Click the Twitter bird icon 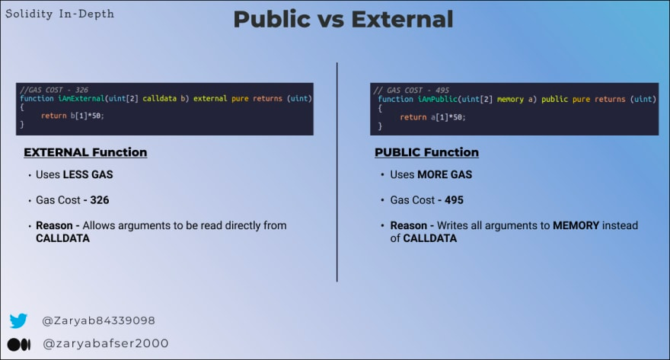coord(18,320)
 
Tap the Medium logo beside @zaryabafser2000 coord(19,344)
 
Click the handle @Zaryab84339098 coord(98,320)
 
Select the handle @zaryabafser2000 coord(106,343)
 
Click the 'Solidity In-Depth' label coord(60,14)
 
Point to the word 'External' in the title coord(402,19)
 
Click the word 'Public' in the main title coord(273,19)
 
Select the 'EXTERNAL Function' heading coord(85,152)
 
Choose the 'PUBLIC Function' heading coord(426,152)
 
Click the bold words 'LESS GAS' coord(88,174)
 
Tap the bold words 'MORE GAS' coord(445,174)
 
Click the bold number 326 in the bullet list coord(100,200)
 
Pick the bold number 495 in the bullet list coord(454,200)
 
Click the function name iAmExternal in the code coord(81,98)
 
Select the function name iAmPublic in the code coord(437,99)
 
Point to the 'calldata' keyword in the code coord(159,98)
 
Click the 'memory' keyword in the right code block coord(510,100)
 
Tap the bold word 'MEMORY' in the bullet coord(576,225)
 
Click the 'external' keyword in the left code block coord(210,98)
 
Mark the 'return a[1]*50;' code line coord(432,117)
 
